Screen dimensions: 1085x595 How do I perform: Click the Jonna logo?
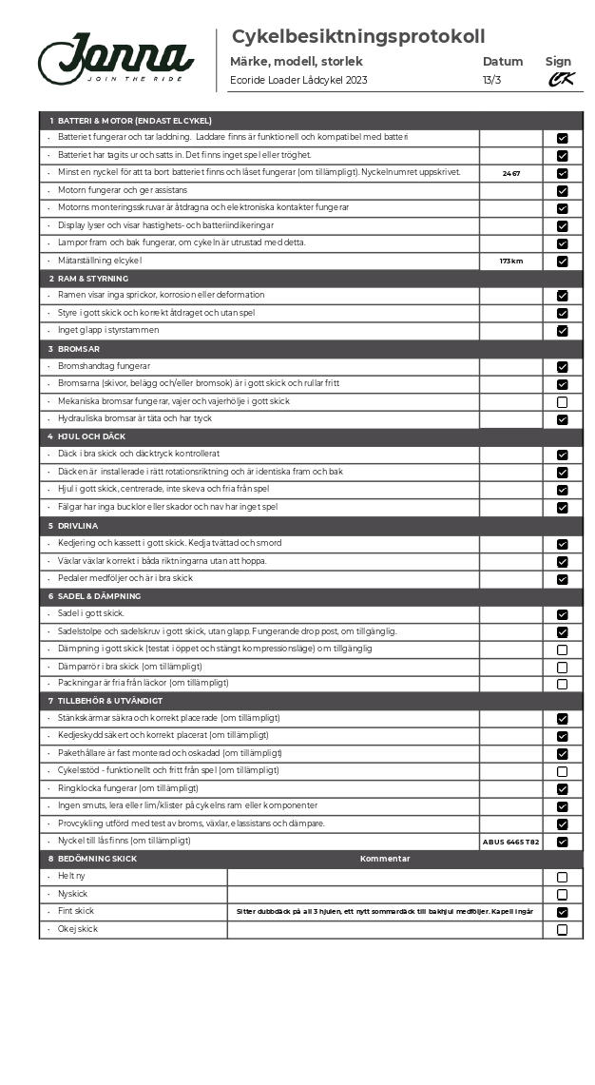[116, 59]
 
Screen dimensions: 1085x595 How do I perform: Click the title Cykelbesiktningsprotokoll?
[358, 37]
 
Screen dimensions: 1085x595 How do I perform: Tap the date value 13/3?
[491, 80]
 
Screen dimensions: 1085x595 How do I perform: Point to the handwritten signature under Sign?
[561, 80]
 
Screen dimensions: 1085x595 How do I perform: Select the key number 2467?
[511, 173]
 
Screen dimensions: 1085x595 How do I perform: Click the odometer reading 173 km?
[511, 261]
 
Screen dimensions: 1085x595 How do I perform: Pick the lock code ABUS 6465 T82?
[511, 842]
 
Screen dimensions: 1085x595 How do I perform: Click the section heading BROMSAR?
[77, 348]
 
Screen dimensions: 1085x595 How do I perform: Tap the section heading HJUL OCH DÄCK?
[91, 436]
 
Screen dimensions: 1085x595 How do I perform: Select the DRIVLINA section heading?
[78, 525]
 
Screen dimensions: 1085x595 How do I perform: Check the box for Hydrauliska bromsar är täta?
[563, 419]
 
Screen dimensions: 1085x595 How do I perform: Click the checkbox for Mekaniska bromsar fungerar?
[563, 402]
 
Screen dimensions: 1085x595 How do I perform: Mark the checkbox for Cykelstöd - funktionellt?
[563, 771]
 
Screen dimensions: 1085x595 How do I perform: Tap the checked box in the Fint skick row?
[563, 912]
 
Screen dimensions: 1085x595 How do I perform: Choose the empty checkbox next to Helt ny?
[563, 877]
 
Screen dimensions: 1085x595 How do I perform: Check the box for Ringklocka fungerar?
[563, 789]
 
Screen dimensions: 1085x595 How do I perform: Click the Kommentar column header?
[385, 859]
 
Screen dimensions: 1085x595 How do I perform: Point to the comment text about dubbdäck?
[385, 912]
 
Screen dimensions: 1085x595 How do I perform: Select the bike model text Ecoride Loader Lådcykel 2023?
[298, 80]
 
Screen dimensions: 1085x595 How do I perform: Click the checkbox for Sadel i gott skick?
[563, 614]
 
